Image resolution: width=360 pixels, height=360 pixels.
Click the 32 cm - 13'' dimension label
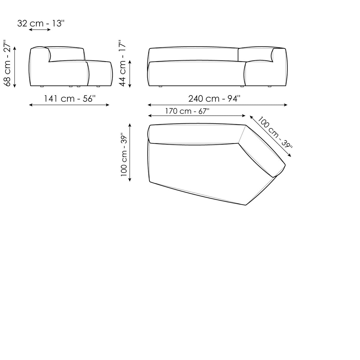tap(41, 23)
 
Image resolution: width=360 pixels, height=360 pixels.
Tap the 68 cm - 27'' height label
tap(8, 63)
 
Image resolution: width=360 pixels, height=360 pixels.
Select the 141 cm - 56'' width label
tap(70, 99)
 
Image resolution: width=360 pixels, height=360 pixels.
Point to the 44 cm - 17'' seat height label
tap(122, 63)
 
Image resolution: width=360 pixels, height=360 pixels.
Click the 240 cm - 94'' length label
tap(214, 99)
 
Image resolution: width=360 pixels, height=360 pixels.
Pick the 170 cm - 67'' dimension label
tap(187, 111)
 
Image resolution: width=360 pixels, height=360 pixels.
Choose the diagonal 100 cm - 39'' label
tap(275, 132)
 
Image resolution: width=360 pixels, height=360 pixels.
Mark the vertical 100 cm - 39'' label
tap(124, 154)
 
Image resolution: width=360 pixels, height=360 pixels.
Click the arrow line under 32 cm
tap(40, 29)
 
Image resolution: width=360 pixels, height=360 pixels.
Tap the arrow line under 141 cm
tap(69, 105)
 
